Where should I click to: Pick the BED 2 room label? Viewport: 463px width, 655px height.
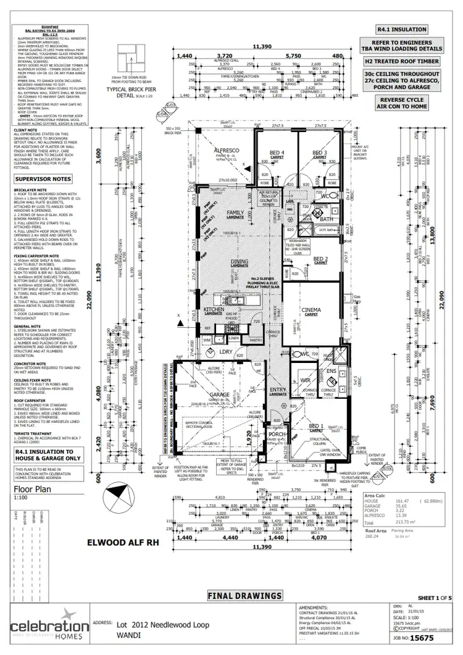point(320,259)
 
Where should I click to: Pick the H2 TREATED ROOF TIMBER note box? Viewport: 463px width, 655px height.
point(411,61)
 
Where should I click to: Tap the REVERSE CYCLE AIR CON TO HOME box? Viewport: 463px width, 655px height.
point(411,103)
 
